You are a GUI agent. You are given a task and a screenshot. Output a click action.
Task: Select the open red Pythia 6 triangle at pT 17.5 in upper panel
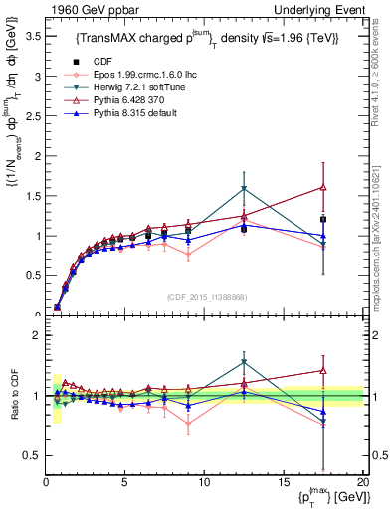[323, 187]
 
